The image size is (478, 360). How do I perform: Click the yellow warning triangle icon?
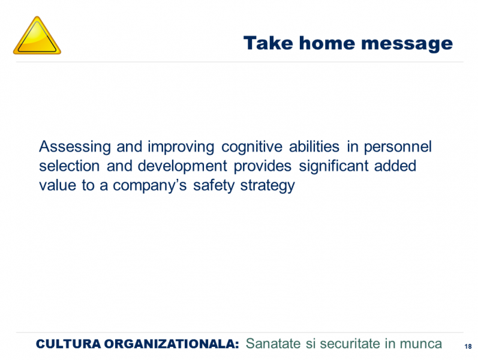coord(37,35)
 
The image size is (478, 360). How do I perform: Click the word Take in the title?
coord(268,43)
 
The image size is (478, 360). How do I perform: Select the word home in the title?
coord(327,43)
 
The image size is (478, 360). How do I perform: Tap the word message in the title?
coord(407,44)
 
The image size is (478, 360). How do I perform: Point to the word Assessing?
coord(75,147)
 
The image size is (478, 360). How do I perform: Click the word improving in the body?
coord(181,147)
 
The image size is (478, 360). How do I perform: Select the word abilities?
coord(314,146)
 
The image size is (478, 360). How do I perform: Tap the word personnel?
coord(398,147)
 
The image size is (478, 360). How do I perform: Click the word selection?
coord(69,166)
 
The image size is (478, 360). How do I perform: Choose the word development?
coord(182,167)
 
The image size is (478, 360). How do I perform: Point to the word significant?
coord(333,167)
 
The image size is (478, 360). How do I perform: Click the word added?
coord(395,166)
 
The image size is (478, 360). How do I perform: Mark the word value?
coord(58,185)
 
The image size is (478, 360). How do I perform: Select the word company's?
coord(150,186)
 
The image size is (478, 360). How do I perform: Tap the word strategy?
coord(267,186)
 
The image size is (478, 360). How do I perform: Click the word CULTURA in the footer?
coord(68,344)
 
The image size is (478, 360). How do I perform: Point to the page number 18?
coord(468,346)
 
